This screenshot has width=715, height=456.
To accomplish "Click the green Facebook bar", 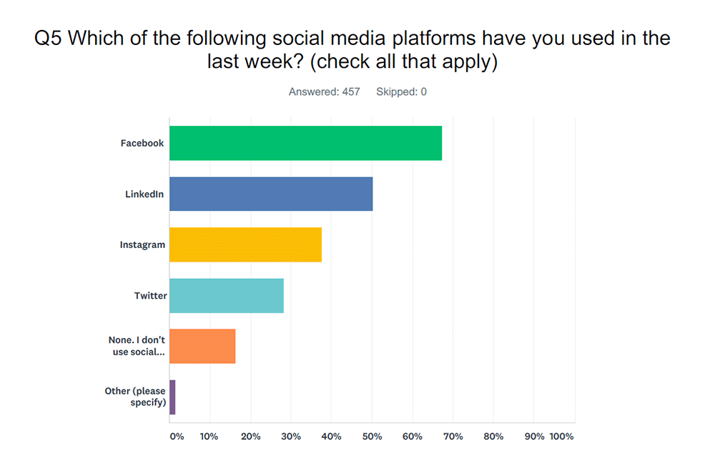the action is tap(305, 143).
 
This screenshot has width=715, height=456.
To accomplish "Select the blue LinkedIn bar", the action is tap(271, 194).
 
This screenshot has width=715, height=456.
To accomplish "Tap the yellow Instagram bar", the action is tap(245, 245).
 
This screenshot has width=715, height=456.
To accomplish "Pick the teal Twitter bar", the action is tap(227, 295).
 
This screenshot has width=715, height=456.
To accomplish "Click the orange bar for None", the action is tap(202, 346).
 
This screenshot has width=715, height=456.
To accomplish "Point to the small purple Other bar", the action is tap(172, 397).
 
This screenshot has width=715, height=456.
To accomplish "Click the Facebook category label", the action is tap(142, 143).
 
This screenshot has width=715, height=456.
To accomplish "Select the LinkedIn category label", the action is tap(144, 194).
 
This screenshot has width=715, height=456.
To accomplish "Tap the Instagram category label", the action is tap(142, 245).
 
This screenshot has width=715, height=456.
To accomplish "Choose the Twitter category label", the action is tap(150, 295).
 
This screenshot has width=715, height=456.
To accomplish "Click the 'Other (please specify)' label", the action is tap(135, 397).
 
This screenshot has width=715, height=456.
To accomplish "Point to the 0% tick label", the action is tap(177, 437).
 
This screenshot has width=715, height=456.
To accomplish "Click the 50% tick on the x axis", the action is tap(372, 437).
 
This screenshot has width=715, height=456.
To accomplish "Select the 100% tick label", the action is tap(561, 437).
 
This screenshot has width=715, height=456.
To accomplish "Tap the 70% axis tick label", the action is tap(453, 437).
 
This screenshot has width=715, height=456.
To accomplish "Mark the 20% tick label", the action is tap(251, 437).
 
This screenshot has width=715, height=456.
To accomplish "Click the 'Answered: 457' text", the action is tap(324, 91).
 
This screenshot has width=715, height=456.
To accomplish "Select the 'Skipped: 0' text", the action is tap(401, 91).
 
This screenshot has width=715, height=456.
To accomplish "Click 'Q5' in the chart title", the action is tap(48, 38).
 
